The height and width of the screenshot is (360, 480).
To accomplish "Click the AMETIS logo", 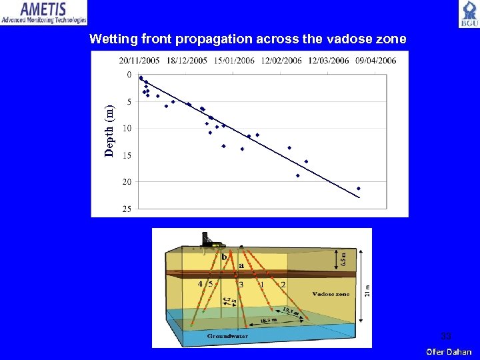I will click(44, 13).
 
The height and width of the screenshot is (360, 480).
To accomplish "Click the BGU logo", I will click(468, 14).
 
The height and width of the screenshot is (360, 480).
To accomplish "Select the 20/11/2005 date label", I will click(140, 61).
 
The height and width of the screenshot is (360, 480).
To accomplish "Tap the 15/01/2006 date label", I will click(235, 61).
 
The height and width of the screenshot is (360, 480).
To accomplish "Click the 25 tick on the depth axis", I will click(127, 209).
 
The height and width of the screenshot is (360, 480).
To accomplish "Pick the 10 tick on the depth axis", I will click(127, 128).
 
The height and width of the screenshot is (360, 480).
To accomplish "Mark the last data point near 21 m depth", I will click(359, 189).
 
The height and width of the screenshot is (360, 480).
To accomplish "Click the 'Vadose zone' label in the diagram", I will click(331, 294).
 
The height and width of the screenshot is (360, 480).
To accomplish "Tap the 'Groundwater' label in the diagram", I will click(227, 336).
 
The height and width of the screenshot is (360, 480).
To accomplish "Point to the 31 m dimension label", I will click(366, 290).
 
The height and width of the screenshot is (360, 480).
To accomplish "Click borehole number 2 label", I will click(283, 285).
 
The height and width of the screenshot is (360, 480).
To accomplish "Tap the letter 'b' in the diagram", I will click(224, 257).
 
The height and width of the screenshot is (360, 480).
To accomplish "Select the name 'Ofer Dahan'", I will click(449, 352).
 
